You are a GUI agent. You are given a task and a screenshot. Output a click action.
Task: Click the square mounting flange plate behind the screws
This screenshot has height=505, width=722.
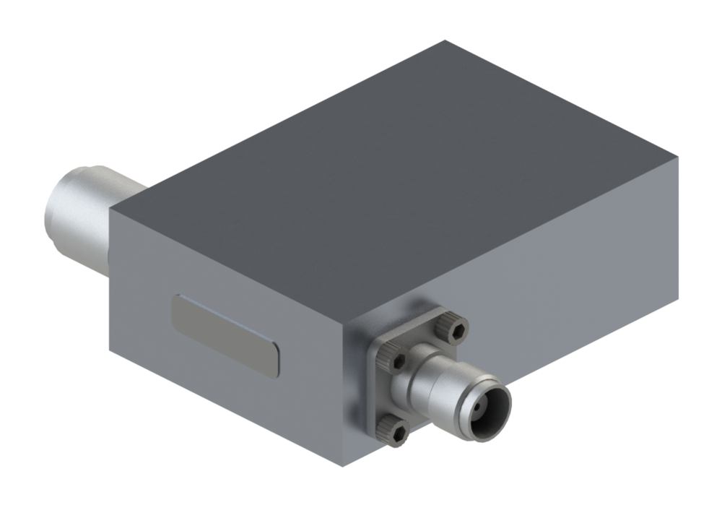375,390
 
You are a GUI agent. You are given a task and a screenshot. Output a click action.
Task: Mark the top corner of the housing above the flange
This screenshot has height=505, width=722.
346,318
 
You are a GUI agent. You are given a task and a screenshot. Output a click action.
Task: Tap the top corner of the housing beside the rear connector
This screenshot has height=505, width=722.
110,204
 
